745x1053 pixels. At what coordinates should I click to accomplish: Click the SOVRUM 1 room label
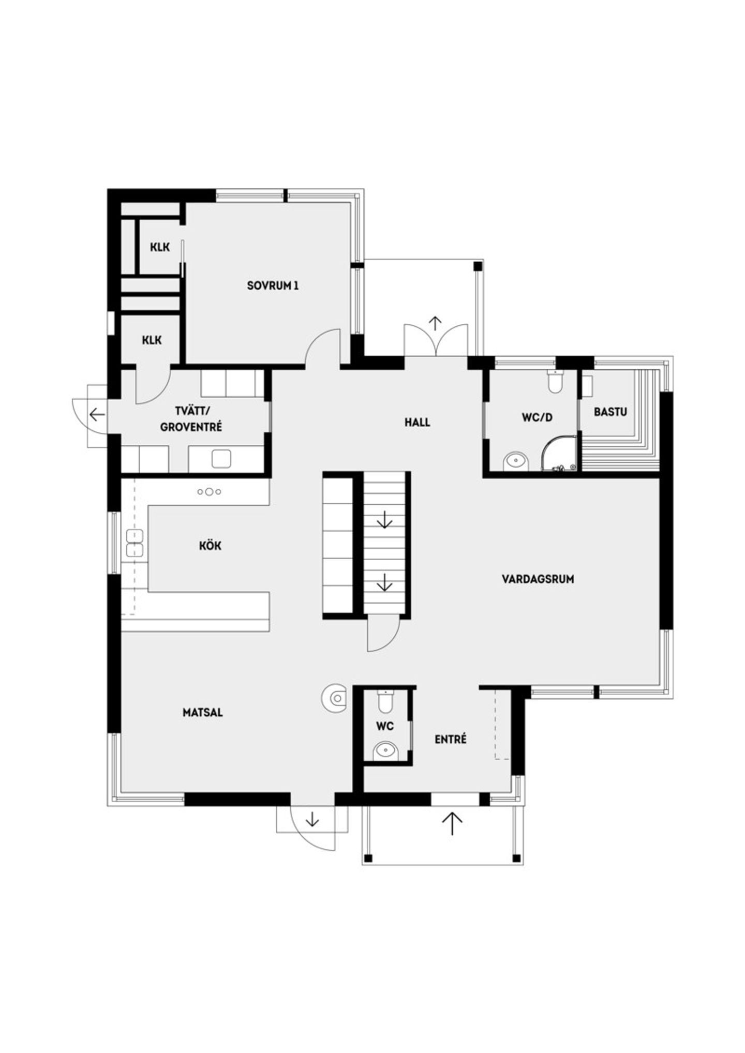pyautogui.click(x=273, y=285)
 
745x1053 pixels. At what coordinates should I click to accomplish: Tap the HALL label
pyautogui.click(x=417, y=423)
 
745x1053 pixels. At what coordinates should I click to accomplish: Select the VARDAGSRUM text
pyautogui.click(x=538, y=579)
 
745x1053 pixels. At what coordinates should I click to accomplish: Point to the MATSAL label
pyautogui.click(x=203, y=712)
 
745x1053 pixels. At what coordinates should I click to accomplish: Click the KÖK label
pyautogui.click(x=210, y=545)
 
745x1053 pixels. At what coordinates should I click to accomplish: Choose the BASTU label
pyautogui.click(x=610, y=412)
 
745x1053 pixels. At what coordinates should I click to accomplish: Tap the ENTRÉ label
pyautogui.click(x=451, y=739)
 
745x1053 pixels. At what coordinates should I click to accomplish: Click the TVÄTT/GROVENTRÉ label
pyautogui.click(x=191, y=419)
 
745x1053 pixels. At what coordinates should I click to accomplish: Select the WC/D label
pyautogui.click(x=537, y=417)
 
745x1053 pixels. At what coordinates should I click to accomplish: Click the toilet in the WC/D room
pyautogui.click(x=555, y=382)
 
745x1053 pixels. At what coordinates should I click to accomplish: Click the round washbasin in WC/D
pyautogui.click(x=516, y=460)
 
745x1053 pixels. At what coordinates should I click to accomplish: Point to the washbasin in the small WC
pyautogui.click(x=385, y=750)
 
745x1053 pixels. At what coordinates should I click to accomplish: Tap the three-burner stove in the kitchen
pyautogui.click(x=209, y=492)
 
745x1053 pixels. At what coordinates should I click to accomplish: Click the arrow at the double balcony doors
pyautogui.click(x=436, y=324)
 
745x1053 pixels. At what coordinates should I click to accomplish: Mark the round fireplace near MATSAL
pyautogui.click(x=335, y=699)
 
